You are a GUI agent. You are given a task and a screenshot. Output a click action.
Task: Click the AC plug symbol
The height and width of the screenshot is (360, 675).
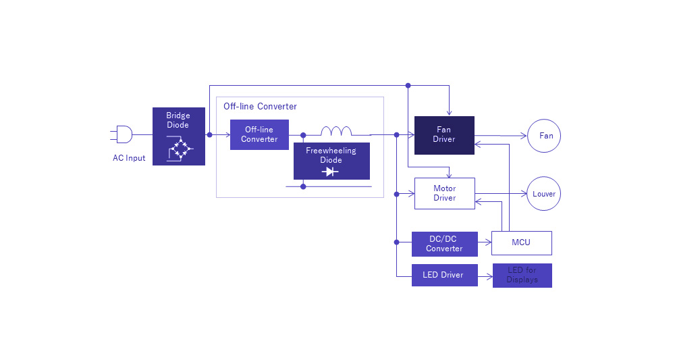(124, 134)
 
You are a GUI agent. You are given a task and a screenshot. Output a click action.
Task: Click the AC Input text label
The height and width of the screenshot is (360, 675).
(129, 159)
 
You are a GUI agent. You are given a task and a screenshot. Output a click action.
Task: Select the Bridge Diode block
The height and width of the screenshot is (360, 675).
(179, 136)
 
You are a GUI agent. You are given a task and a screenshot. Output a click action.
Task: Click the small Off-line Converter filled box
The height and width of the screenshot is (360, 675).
(259, 134)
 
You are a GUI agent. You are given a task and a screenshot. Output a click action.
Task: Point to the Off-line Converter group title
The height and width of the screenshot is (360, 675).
(260, 107)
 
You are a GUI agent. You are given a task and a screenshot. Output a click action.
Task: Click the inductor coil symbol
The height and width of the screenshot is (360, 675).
(335, 131)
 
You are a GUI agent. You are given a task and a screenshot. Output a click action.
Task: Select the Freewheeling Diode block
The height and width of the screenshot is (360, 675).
(331, 161)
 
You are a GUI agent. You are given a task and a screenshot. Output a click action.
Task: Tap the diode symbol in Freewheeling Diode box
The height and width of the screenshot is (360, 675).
(331, 172)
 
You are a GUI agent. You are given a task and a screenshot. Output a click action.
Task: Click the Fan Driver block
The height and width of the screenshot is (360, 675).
(444, 135)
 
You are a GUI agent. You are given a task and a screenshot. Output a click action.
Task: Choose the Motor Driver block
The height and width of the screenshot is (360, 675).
(444, 193)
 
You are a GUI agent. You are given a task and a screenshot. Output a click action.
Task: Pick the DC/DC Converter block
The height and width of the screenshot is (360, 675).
(444, 244)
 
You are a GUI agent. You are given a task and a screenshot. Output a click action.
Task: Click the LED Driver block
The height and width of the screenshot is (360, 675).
(444, 275)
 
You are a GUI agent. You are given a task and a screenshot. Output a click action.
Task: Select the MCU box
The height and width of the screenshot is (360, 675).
(522, 242)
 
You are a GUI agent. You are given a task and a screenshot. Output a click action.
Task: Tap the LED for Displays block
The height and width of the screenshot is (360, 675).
(522, 275)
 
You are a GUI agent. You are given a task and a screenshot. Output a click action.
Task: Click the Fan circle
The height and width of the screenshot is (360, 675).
(544, 136)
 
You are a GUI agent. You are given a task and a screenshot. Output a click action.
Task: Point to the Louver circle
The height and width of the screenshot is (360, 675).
(544, 194)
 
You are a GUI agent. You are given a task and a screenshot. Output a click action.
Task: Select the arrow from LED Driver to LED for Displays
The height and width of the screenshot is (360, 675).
(485, 275)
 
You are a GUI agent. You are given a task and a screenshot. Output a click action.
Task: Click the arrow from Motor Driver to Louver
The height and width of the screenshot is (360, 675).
(501, 194)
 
